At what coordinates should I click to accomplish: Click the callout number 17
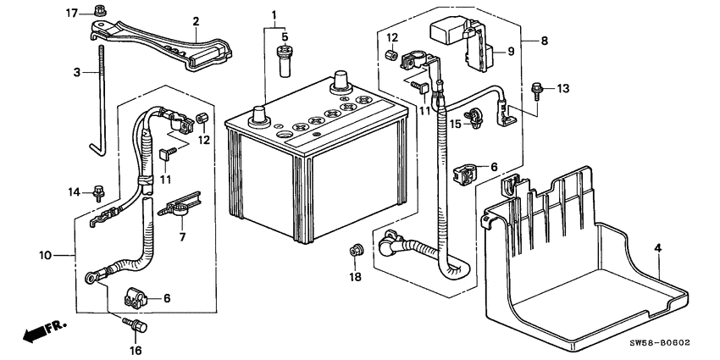[72, 12]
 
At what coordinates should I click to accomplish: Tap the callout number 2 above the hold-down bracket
[196, 21]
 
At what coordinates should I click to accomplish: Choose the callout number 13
[564, 88]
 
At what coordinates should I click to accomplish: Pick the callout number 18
[356, 277]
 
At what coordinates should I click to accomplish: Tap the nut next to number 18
[357, 251]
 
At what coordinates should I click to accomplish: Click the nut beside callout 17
[100, 11]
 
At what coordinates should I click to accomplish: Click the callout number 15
[455, 125]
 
